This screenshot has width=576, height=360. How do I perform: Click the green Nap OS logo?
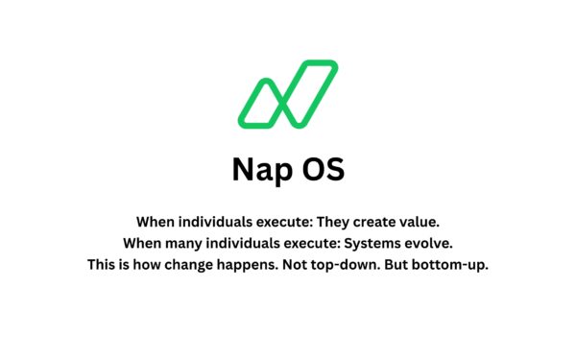[x=287, y=94]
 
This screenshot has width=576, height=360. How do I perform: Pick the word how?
[x=145, y=265]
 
